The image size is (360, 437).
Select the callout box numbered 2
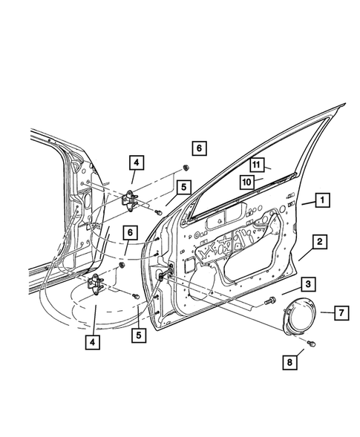pos(318,241)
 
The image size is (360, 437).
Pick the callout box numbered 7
pos(337,313)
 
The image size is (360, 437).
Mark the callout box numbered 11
pos(255,165)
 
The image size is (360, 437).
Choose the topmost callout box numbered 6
pos(198,148)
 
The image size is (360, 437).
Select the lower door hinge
pos(97,281)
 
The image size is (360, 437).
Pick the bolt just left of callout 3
pos(266,300)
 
